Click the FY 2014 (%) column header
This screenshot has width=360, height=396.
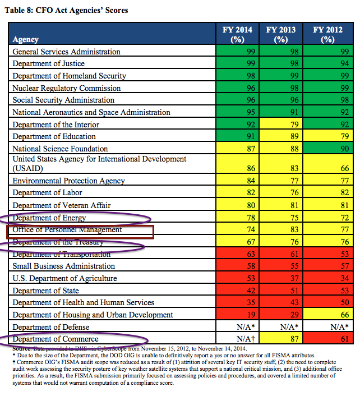coord(237,34)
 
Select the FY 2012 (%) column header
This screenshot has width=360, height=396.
coord(327,34)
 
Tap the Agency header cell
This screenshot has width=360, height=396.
coord(25,39)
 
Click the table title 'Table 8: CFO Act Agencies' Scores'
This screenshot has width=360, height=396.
coord(66,10)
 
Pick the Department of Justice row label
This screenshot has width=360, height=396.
coord(48,63)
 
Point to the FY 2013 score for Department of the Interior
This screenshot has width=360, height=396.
coord(294,125)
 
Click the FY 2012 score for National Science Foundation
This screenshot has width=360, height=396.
coord(345,149)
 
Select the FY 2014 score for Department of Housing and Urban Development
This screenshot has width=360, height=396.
coord(251,315)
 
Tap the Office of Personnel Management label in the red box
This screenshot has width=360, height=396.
coord(67,229)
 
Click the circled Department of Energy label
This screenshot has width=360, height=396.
coord(49,218)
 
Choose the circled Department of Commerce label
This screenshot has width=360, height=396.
coord(56,339)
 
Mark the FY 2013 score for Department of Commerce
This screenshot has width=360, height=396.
coord(294,339)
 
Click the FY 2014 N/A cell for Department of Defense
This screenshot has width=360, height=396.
coord(246,327)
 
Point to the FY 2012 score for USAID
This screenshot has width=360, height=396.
coord(345,168)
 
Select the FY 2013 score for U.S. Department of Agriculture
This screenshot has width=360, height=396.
coord(294,278)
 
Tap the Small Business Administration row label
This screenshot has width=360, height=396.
coord(63,266)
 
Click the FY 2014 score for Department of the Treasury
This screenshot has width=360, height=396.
coord(251,242)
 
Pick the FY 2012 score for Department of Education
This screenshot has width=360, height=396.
coord(345,136)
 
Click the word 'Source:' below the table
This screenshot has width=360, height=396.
coord(22,348)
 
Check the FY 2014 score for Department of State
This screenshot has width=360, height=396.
coord(251,291)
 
